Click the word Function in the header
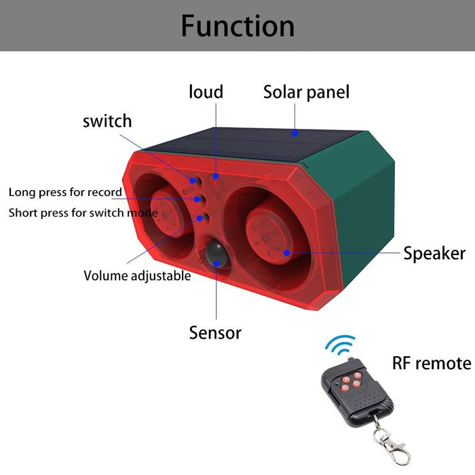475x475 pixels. click(237, 26)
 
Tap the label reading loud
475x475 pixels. click(206, 92)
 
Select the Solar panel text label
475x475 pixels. click(306, 92)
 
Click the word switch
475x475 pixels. click(107, 121)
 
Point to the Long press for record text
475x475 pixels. click(65, 192)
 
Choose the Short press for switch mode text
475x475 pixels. click(83, 212)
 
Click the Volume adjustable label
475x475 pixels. click(137, 275)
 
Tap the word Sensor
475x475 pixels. click(215, 332)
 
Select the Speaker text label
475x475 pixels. click(434, 254)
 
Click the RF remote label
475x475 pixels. click(432, 363)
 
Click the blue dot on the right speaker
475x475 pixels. click(287, 252)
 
